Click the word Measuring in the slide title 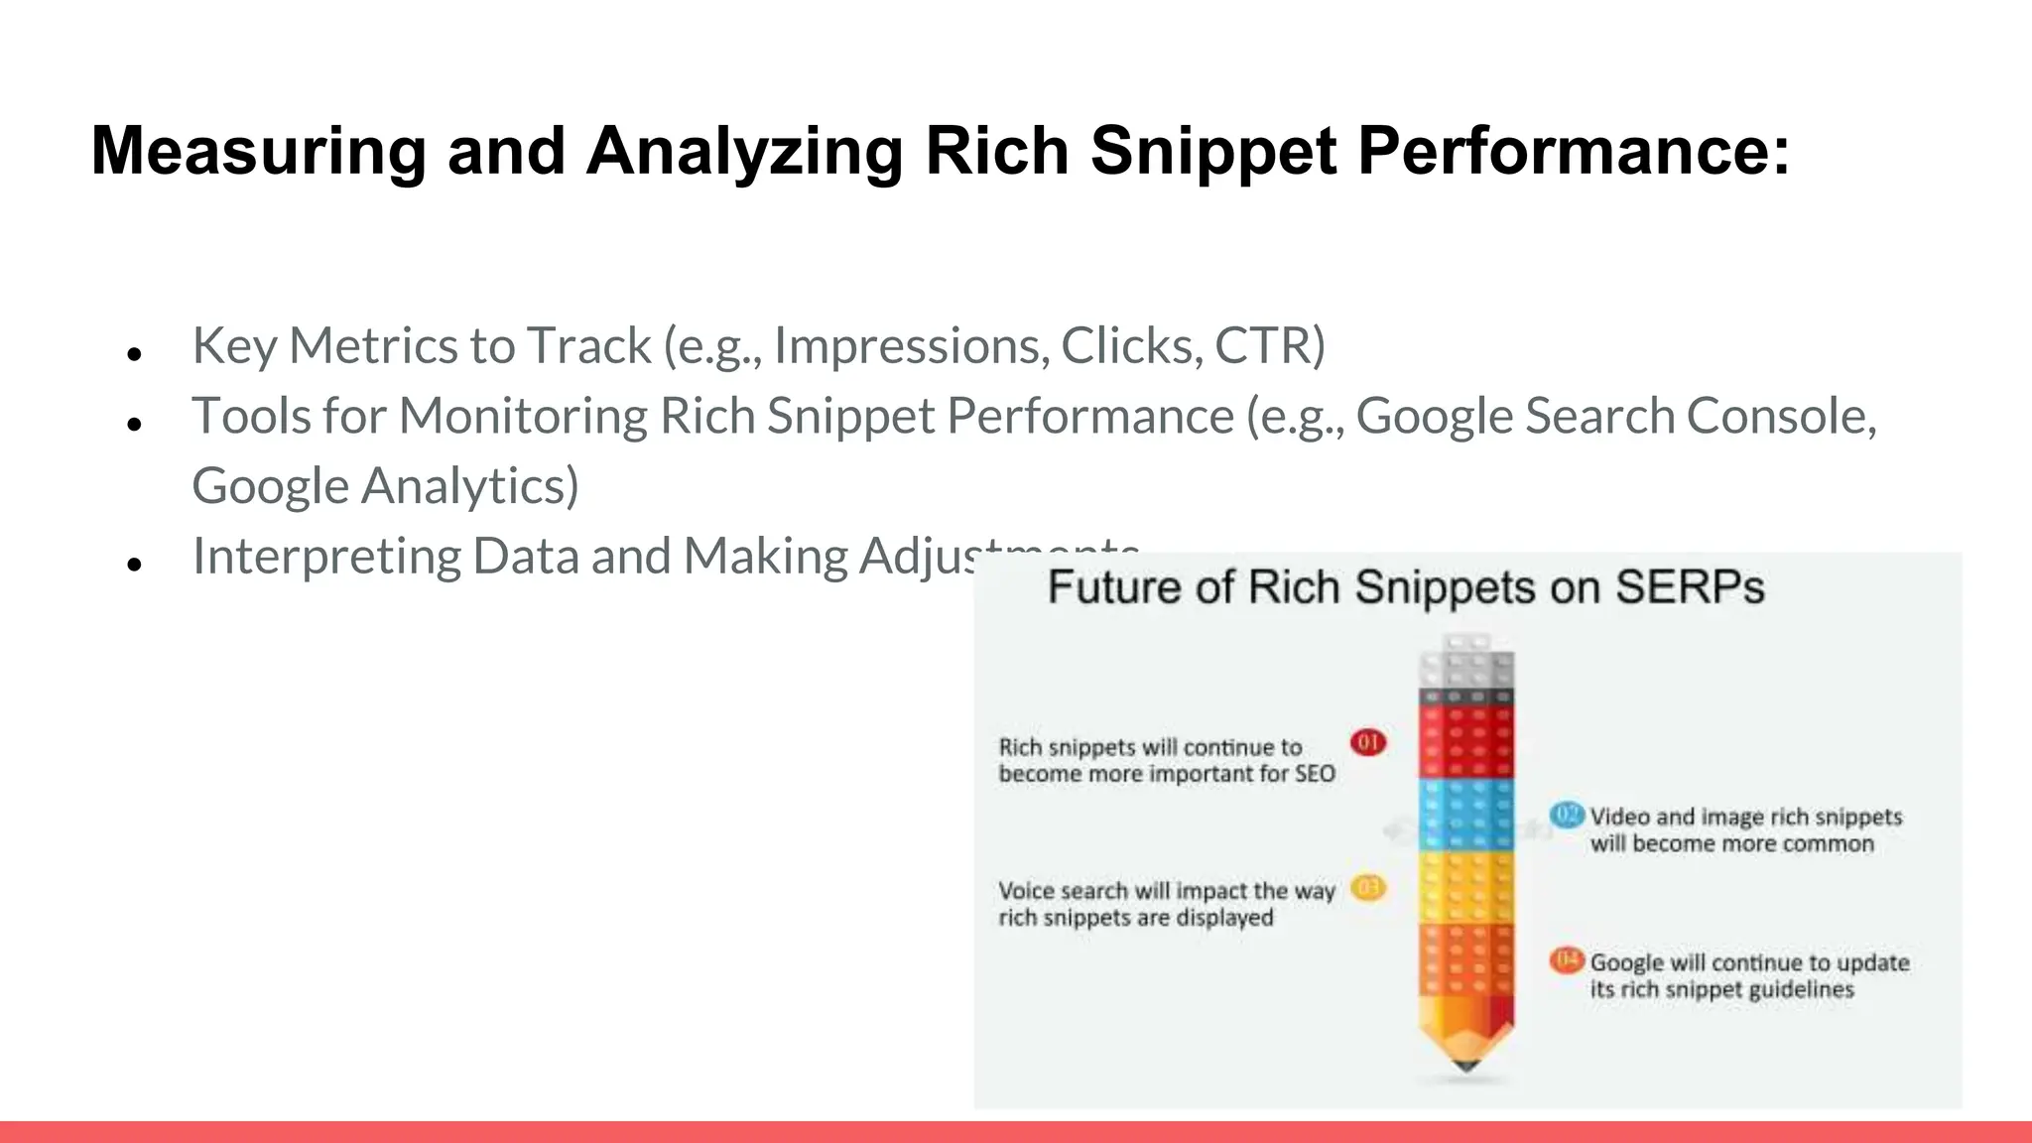258,151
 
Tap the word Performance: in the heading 1573,151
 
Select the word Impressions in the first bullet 911,345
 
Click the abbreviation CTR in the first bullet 1269,345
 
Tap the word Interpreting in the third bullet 326,557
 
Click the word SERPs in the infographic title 1690,587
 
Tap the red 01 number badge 1368,742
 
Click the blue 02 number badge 1568,815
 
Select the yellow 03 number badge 1368,887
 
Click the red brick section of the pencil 1466,742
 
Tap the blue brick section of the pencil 1466,815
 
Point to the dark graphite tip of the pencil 1466,1066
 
